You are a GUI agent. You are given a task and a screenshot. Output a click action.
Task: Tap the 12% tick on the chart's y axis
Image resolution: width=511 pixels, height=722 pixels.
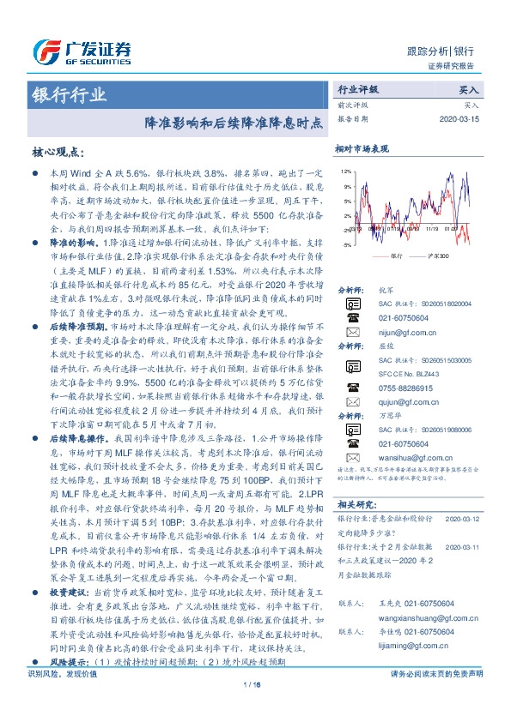click(346, 171)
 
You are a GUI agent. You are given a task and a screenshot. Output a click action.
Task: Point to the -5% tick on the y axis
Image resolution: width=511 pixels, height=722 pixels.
click(346, 245)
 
